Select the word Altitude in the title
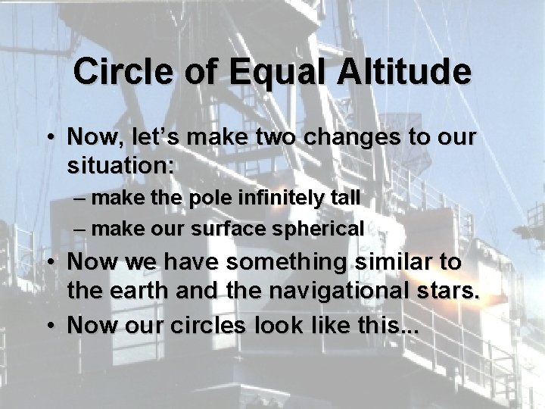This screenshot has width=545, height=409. [x=405, y=72]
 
